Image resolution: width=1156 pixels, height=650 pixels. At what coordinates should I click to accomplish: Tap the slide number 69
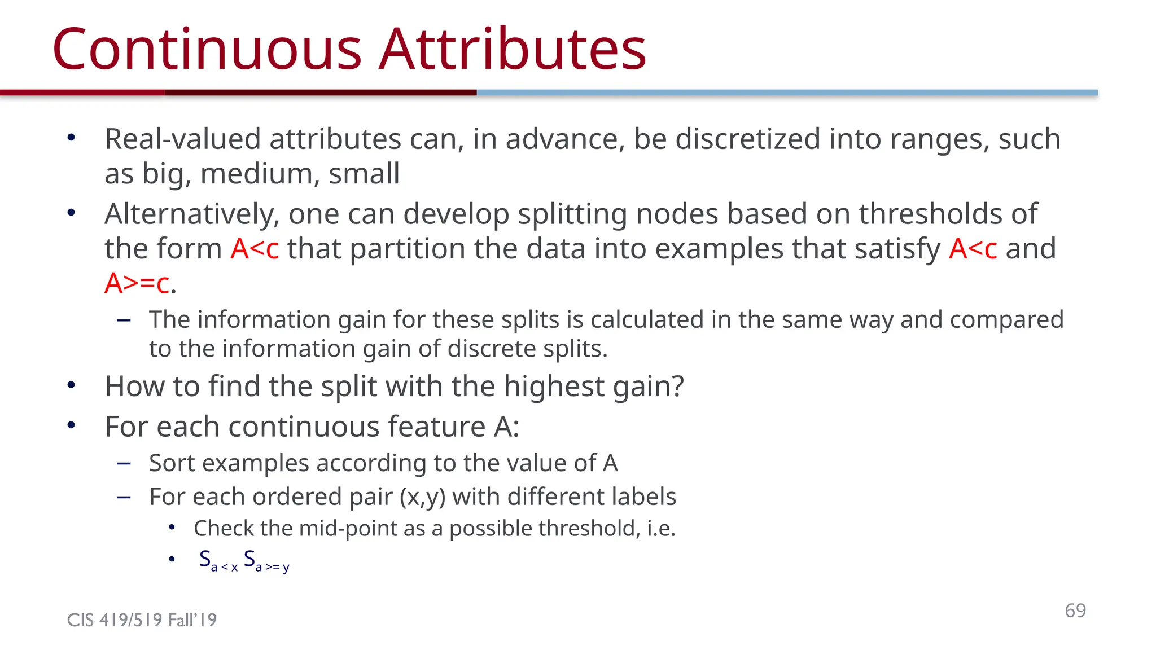point(1075,611)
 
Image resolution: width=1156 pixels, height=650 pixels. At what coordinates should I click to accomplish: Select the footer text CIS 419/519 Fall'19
point(142,620)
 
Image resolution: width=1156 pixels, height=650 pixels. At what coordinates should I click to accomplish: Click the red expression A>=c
point(137,283)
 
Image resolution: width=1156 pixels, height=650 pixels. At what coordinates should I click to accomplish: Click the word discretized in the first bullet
point(747,139)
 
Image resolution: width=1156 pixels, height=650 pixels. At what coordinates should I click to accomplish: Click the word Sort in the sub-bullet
point(172,463)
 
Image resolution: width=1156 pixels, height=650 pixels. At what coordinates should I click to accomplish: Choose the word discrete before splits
point(490,349)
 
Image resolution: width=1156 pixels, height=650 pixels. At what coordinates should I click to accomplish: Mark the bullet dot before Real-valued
point(71,138)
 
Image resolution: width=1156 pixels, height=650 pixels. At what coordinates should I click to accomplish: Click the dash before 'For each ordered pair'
point(124,497)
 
